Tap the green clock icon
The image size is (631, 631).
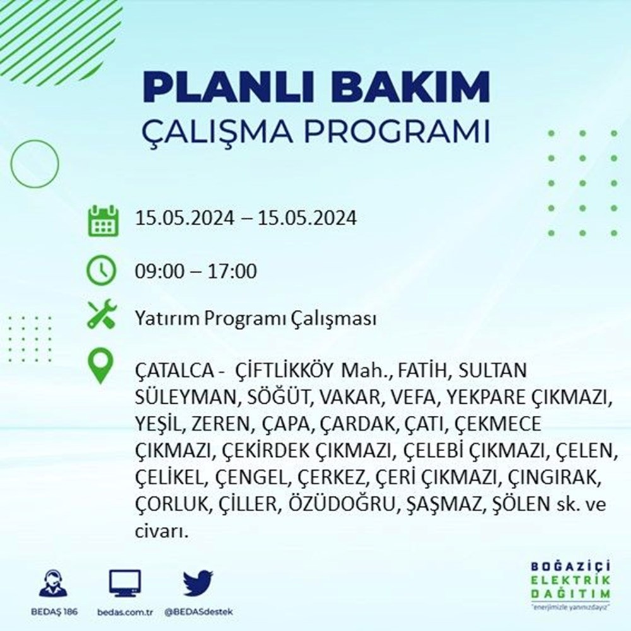102,270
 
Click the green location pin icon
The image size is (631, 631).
100,365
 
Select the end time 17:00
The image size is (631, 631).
232,271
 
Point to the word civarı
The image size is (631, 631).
162,532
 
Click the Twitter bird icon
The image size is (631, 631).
198,583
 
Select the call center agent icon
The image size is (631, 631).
54,583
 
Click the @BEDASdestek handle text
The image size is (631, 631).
198,612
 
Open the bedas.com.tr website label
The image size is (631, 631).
125,612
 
